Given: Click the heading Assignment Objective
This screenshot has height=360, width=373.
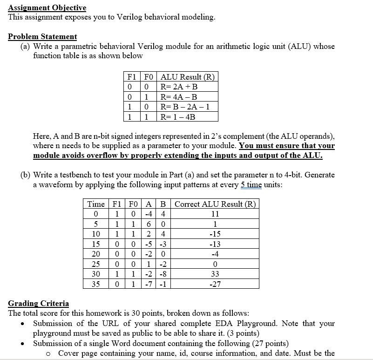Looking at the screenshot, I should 47,7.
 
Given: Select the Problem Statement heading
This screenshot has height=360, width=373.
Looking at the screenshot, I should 42,36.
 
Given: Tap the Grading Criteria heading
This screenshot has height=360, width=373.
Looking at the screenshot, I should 38,303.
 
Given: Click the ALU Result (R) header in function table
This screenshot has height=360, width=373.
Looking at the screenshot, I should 187,77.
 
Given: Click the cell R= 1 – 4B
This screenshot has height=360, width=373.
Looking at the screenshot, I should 177,116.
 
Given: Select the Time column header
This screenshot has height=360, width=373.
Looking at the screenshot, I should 96,204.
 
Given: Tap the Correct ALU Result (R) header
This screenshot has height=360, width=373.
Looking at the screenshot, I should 215,204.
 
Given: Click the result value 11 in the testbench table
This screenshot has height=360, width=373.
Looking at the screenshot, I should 215,214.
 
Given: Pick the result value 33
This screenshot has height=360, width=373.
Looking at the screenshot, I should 215,274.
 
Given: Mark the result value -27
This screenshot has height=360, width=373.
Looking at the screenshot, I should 215,284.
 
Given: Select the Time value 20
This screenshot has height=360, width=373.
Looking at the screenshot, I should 96,254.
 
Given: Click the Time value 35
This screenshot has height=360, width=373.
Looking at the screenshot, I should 96,284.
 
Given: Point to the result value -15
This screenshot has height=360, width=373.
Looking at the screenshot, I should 215,234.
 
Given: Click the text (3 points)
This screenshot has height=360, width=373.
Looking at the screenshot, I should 239,333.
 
